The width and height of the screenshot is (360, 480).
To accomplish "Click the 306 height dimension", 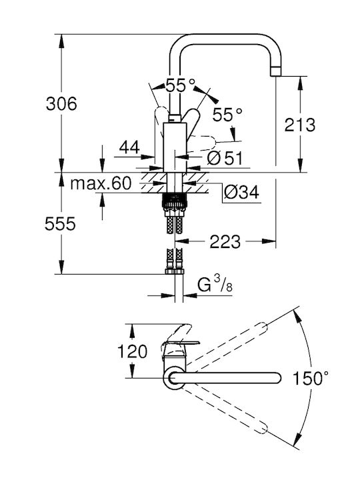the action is pos(61,104).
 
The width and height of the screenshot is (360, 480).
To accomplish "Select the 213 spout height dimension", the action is pos(300,125).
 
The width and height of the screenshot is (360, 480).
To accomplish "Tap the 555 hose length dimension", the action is pos(60,224).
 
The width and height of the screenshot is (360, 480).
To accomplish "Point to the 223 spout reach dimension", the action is pos(225,242).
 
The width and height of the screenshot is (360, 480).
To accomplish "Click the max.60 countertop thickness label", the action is pos(101,183).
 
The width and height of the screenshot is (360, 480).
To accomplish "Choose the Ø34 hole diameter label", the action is pos(241,192).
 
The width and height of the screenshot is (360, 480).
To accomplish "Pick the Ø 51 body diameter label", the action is pos(225,158).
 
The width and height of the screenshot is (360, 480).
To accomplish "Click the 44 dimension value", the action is pos(129,147).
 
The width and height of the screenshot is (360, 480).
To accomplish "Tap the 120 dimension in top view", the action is pos(132,351).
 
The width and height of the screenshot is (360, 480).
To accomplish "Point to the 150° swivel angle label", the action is pos(311,378).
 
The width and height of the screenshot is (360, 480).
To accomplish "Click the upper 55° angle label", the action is pos(180,85).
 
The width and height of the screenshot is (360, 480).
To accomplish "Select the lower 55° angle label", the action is pos(227,115).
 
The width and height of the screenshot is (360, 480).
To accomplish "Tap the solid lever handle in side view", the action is pos(191,121).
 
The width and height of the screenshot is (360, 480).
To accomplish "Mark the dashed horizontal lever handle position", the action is pos(202,143).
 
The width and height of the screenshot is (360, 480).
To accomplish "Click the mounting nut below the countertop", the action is pos(174,201).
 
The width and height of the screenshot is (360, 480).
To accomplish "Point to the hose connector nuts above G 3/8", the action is pos(175,271).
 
